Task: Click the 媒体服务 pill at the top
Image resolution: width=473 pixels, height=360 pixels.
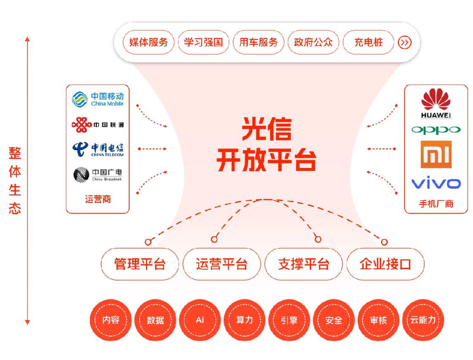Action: click(149, 42)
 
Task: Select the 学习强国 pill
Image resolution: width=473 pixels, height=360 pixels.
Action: click(203, 42)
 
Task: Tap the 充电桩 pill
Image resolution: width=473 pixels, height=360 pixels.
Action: click(368, 42)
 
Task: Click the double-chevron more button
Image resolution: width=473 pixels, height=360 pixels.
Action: click(404, 42)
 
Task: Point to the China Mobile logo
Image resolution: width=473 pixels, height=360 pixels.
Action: click(97, 99)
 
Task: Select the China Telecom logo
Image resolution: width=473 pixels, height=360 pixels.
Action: click(97, 149)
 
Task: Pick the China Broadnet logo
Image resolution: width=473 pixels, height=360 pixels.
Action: click(97, 174)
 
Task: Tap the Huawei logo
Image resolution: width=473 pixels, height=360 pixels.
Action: click(436, 103)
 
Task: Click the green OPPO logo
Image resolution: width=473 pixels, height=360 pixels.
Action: click(436, 130)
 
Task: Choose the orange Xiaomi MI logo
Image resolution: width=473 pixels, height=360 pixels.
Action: click(436, 154)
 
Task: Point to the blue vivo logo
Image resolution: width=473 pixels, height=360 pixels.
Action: click(436, 184)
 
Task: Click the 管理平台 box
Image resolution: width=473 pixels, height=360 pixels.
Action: click(140, 265)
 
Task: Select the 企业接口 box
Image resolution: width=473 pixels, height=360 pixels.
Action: click(385, 265)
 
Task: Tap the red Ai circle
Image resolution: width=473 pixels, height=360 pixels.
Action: click(200, 320)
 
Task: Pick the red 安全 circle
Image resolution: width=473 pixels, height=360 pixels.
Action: click(334, 320)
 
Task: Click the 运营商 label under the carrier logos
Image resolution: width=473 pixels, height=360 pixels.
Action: click(97, 199)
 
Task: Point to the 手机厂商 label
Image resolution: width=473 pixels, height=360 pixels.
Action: click(436, 204)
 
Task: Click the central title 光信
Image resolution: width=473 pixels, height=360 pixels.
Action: click(266, 129)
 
